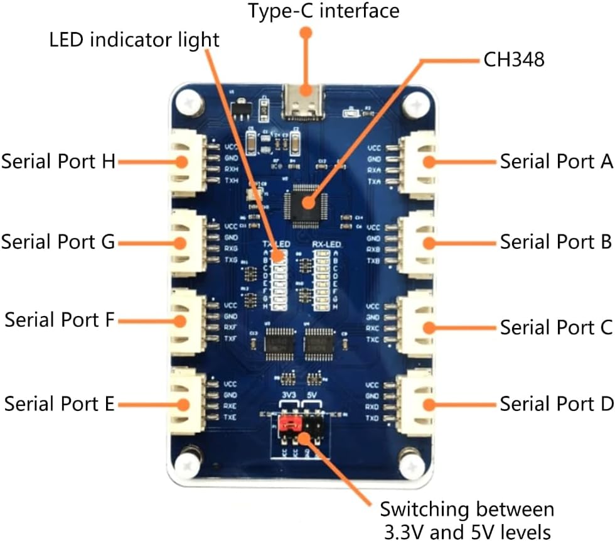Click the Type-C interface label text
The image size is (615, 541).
point(323,11)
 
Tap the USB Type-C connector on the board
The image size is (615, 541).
point(305,102)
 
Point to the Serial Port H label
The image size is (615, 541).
point(58,161)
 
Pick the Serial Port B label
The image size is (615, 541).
point(555,241)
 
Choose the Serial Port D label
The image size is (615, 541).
point(555,403)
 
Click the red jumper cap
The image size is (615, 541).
point(289,425)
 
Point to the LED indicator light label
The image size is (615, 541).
point(134,40)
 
